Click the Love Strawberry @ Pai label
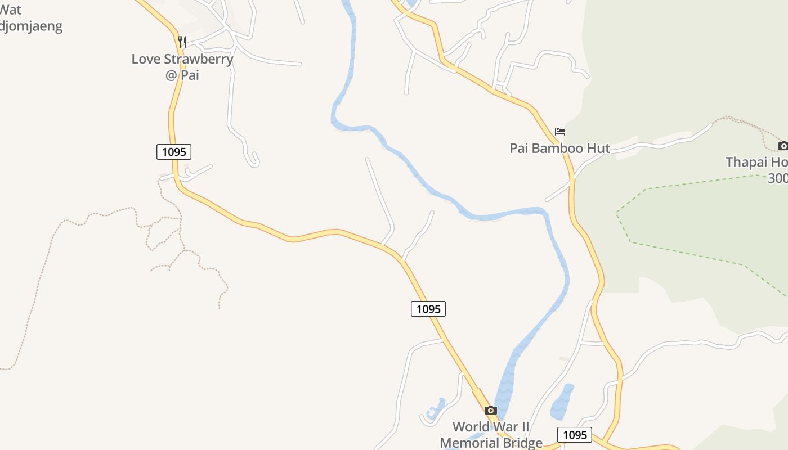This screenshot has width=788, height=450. tap(182, 66)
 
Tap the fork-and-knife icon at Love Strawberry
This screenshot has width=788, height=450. tap(182, 42)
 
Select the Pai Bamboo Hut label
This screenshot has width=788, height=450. tap(559, 148)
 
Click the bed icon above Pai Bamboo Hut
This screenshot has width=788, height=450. tap(559, 132)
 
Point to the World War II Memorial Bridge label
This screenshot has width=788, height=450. tap(491, 435)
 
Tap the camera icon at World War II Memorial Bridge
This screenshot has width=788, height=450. tap(491, 410)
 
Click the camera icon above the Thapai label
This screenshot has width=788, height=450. tap(782, 146)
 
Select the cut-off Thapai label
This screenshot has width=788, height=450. tap(756, 162)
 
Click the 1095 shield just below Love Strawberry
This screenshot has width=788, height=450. tap(174, 152)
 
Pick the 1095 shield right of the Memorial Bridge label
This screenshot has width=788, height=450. tap(575, 435)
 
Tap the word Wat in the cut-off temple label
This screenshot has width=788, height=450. tap(11, 10)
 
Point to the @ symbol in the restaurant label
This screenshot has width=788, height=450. tap(172, 75)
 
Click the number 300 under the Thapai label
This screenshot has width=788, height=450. tap(778, 178)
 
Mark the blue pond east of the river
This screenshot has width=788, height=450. tap(562, 403)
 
